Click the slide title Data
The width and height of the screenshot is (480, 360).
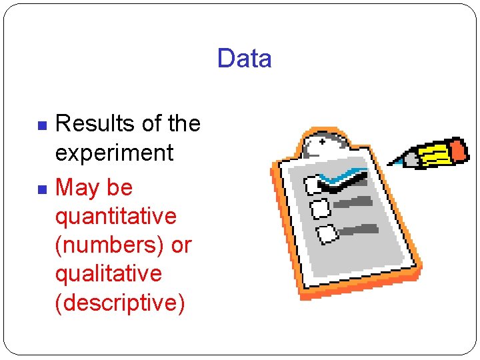coord(244,59)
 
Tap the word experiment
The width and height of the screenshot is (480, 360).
coord(114,153)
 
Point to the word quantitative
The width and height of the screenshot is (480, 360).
coord(116,216)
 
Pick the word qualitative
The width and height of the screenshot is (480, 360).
coord(109,273)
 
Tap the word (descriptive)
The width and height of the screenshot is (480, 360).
coord(119,302)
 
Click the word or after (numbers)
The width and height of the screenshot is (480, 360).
coord(181,245)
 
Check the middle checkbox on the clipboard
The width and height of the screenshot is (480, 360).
coord(319,209)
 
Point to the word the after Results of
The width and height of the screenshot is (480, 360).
coord(185,123)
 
